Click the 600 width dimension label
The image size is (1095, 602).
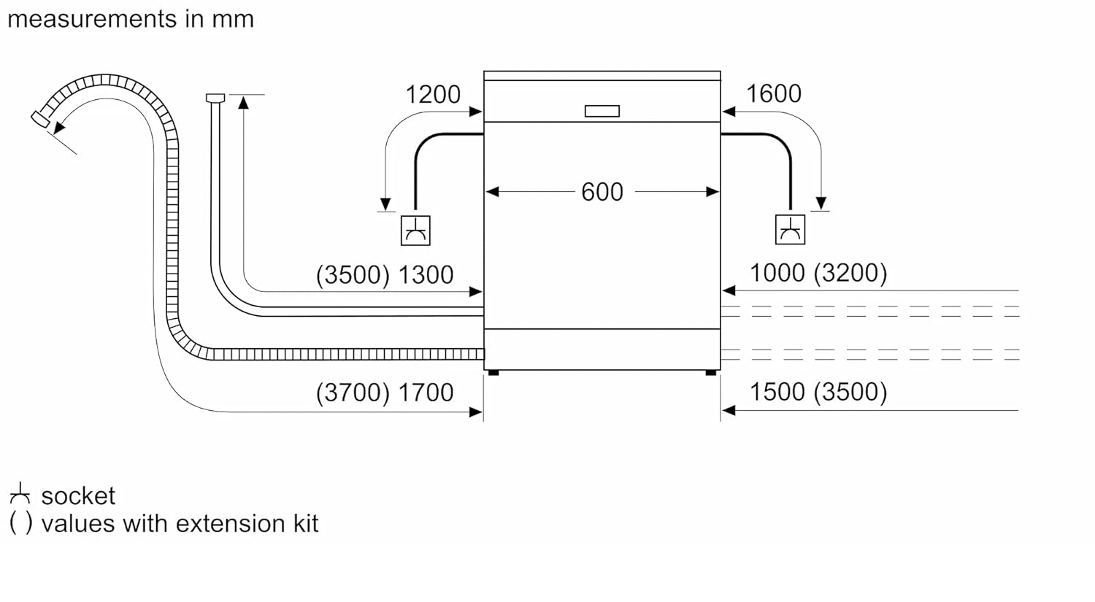click(602, 192)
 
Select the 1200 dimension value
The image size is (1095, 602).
click(433, 95)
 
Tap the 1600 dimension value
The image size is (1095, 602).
click(773, 94)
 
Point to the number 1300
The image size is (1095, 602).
click(426, 275)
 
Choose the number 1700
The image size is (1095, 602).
click(426, 393)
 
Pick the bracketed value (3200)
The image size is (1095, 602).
click(851, 273)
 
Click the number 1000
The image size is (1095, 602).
click(777, 273)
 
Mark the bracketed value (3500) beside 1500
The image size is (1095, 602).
click(851, 392)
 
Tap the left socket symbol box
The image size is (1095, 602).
click(415, 231)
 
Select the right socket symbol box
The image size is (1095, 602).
click(790, 230)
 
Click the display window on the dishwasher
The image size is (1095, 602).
click(602, 111)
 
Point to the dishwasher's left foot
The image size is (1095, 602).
click(493, 373)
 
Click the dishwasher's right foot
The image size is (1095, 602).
click(711, 373)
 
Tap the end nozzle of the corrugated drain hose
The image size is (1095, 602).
click(40, 118)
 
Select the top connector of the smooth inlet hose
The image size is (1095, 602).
click(215, 98)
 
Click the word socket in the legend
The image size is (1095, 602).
click(78, 496)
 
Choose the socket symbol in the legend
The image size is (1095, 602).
click(20, 494)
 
